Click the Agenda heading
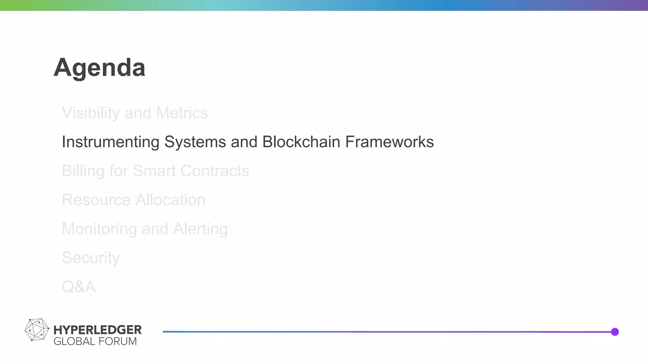(99, 68)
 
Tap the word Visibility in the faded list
(91, 113)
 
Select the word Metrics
(182, 113)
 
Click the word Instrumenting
(110, 142)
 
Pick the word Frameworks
(389, 142)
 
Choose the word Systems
(195, 142)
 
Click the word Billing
(83, 171)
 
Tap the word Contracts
(215, 171)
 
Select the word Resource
(96, 200)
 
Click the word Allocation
(170, 200)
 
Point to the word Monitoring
(99, 229)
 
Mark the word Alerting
(200, 229)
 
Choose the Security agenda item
(91, 258)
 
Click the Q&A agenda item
(78, 287)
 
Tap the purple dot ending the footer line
(615, 332)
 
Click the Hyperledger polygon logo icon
(37, 330)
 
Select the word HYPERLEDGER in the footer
(97, 330)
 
